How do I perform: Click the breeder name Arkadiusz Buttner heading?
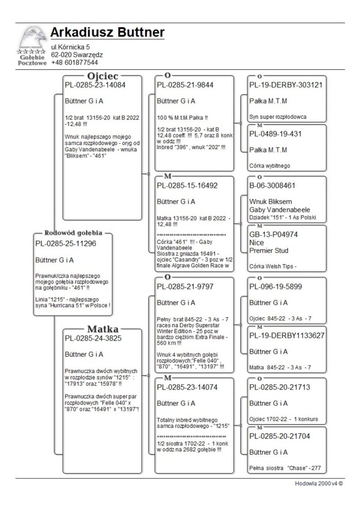click(x=108, y=32)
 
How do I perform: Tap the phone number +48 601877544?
click(x=74, y=63)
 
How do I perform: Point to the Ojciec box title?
click(x=102, y=76)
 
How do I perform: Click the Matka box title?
click(x=102, y=329)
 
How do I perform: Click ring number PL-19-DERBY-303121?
click(x=286, y=85)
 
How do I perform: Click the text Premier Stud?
click(x=269, y=251)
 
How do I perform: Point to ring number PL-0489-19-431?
click(x=275, y=134)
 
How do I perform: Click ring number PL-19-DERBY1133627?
click(x=287, y=335)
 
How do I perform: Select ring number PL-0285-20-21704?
click(x=279, y=436)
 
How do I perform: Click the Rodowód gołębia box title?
click(x=73, y=233)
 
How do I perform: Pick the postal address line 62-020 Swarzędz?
click(x=76, y=55)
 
